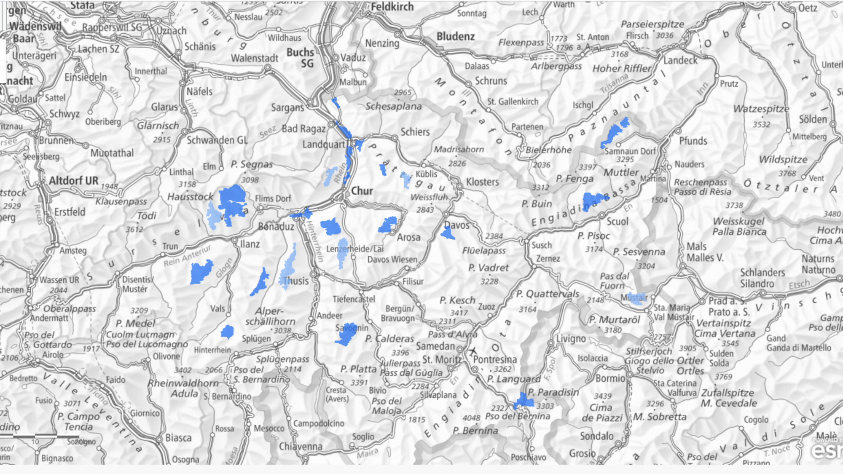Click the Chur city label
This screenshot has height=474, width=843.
click(362, 191)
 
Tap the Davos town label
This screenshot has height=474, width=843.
click(457, 225)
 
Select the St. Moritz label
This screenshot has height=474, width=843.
click(442, 359)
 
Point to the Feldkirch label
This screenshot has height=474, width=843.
click(392, 7)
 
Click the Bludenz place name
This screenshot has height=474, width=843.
click(456, 37)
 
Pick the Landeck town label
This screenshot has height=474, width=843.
click(680, 61)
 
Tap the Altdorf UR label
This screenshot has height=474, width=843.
click(74, 181)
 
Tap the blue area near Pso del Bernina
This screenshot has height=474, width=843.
click(524, 401)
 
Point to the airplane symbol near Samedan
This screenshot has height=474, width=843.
click(473, 351)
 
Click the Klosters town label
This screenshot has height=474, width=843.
click(482, 182)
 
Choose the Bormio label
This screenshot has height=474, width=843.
click(610, 378)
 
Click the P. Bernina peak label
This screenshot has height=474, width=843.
click(475, 431)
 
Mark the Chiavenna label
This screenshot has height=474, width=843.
click(301, 446)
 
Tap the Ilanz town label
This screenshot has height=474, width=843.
click(250, 244)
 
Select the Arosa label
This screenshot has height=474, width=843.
click(408, 238)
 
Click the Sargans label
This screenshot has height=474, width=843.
click(287, 108)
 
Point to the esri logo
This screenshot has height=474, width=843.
click(826, 451)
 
